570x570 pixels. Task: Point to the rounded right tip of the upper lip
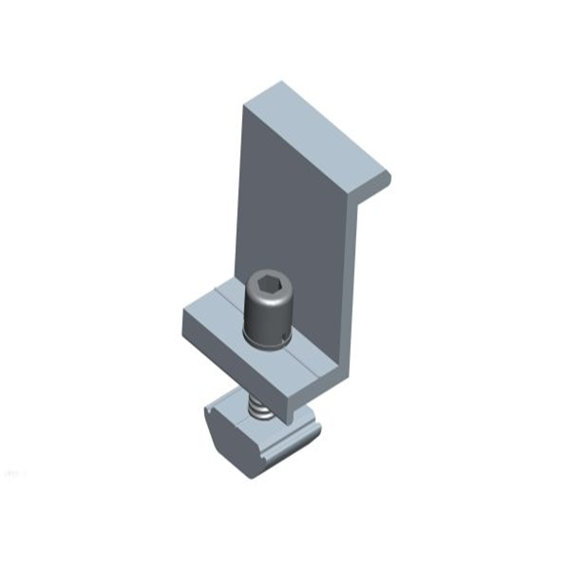[385, 179]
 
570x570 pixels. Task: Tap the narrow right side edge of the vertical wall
[352, 285]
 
